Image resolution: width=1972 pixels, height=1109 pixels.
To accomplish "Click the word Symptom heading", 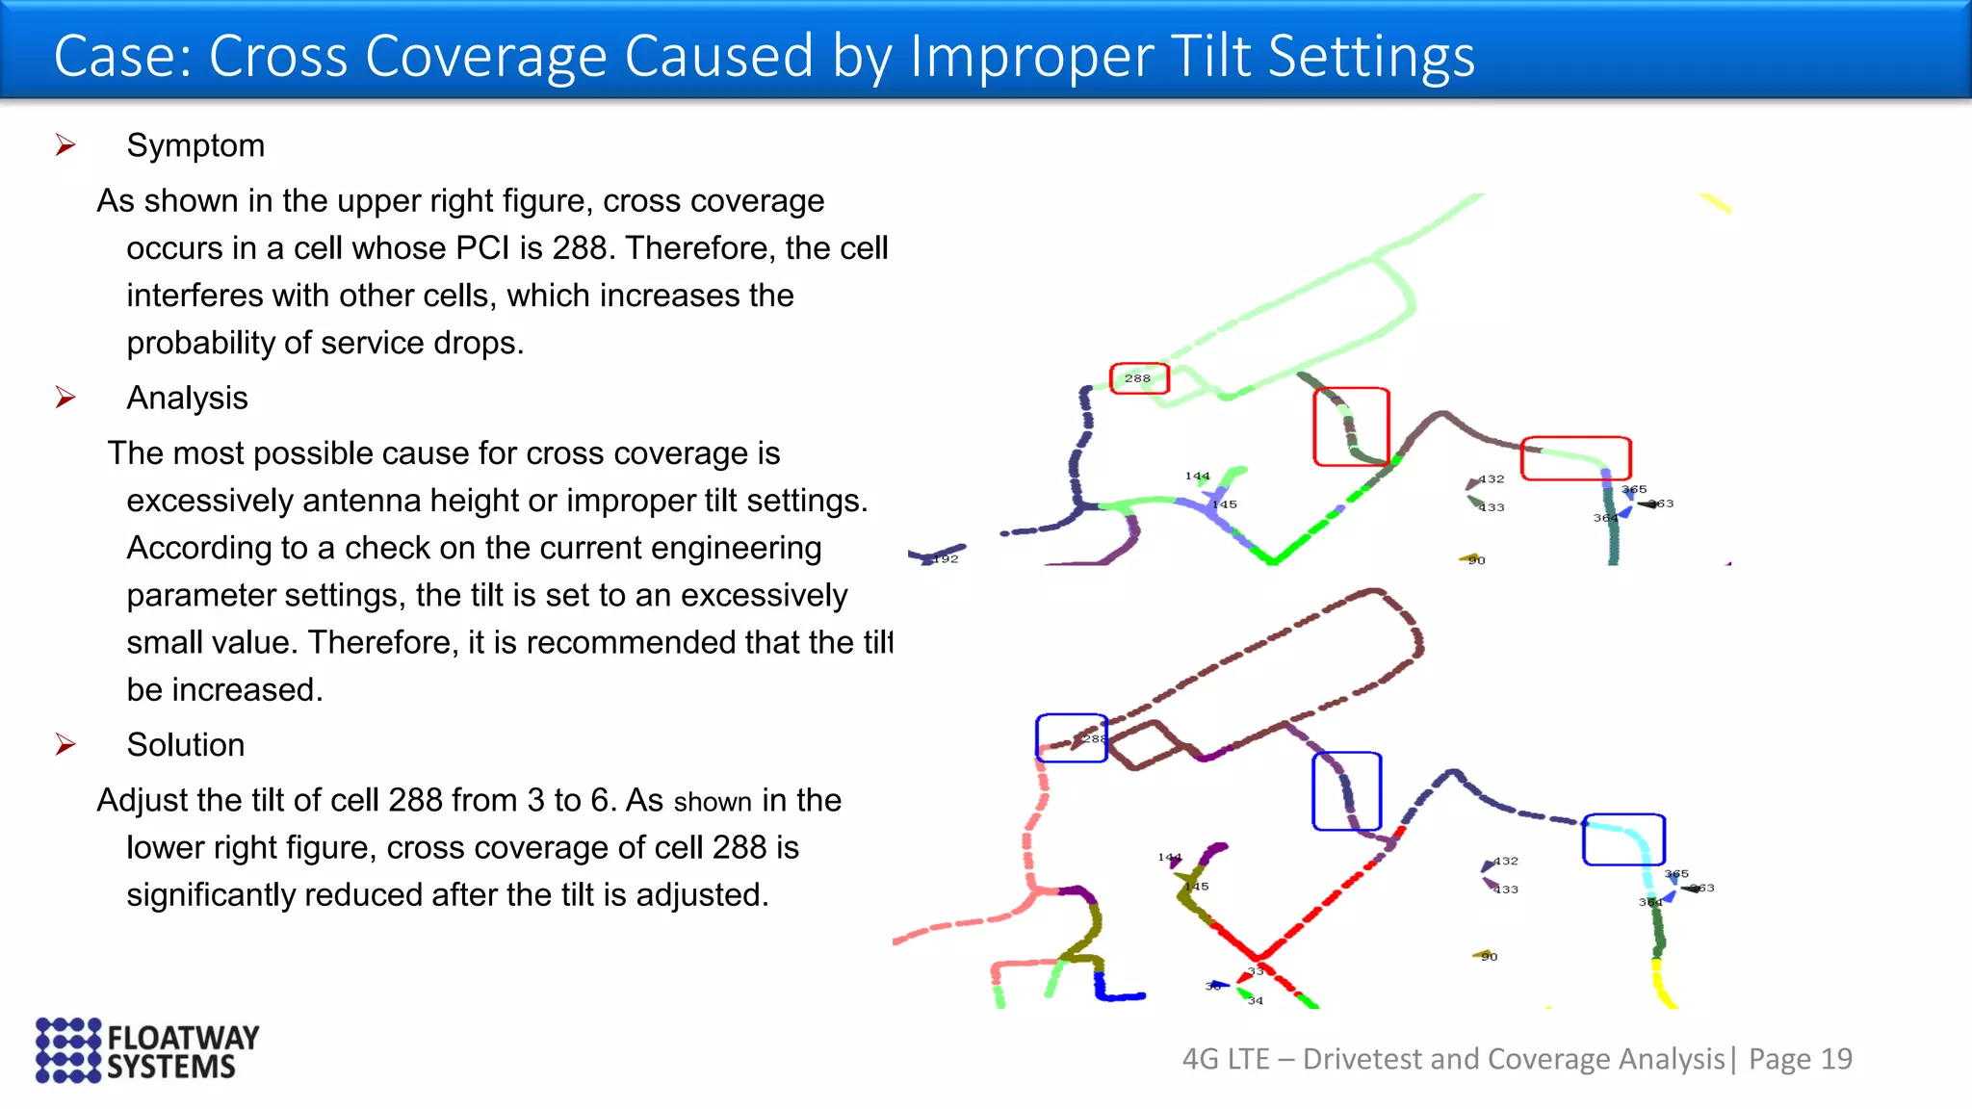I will [x=195, y=145].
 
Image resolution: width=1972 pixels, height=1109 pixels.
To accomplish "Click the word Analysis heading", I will [x=187, y=398].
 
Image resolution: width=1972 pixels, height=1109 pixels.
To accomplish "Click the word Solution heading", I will [x=185, y=744].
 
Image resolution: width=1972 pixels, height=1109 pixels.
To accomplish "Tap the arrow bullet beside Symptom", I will [x=65, y=145].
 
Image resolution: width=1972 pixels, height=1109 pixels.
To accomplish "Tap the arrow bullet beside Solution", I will [x=65, y=744].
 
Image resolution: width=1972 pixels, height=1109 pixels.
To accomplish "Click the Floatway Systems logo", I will [x=147, y=1050].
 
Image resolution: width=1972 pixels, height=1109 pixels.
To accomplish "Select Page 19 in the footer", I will [x=1800, y=1059].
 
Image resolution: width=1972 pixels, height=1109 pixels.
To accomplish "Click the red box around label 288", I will [x=1139, y=378].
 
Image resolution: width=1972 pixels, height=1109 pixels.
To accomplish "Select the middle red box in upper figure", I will [x=1351, y=426].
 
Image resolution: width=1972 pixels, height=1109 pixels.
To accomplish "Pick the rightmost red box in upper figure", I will [x=1575, y=458].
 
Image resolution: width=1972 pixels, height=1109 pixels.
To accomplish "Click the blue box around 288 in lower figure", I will [x=1071, y=738].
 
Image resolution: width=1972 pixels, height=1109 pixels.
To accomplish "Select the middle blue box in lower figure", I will [x=1346, y=791].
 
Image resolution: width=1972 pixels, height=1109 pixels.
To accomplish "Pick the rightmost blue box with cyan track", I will [x=1623, y=839].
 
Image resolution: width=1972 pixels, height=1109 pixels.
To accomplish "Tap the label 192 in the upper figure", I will [x=947, y=559].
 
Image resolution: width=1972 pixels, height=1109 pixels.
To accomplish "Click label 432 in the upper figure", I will [x=1492, y=478].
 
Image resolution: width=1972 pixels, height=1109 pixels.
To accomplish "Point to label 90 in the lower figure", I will [x=1489, y=957].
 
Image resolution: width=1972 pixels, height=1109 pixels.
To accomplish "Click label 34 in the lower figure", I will [x=1255, y=1001].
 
